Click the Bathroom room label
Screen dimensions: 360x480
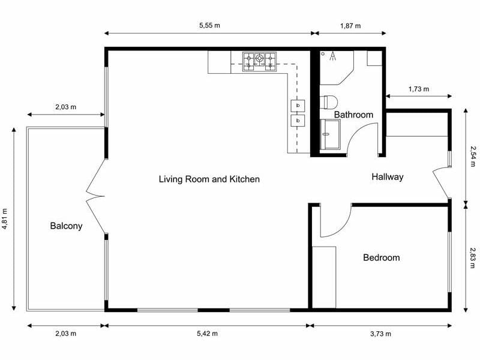coord(353,115)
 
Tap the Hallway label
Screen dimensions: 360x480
coord(387,177)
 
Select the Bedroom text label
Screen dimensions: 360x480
coord(381,257)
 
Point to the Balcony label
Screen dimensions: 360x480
coord(66,226)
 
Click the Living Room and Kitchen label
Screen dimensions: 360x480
coord(209,179)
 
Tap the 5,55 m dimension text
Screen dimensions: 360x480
coord(209,26)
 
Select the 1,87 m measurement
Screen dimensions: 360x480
coord(350,26)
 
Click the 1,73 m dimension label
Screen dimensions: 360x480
coord(418,89)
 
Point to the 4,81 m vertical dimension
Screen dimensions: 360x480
coord(5,219)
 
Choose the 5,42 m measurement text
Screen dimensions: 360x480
coord(207,334)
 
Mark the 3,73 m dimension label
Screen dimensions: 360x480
coord(380,334)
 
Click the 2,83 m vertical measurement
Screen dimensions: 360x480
coord(473,255)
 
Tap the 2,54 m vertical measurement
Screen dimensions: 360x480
coord(473,156)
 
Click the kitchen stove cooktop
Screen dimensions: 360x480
coord(259,62)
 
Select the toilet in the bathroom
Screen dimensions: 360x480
coord(330,102)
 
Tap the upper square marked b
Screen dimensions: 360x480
coord(298,106)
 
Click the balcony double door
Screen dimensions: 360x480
coord(96,195)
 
